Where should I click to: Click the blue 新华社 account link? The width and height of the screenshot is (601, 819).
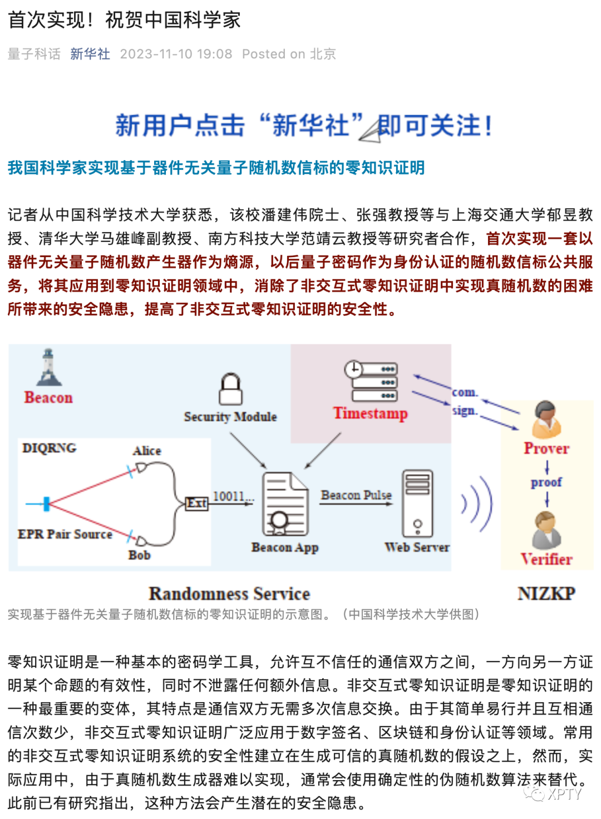click(90, 54)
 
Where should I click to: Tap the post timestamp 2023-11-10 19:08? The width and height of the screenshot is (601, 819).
click(176, 54)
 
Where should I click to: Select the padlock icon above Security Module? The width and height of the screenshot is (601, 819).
click(230, 389)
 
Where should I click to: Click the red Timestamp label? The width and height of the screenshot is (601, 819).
click(370, 413)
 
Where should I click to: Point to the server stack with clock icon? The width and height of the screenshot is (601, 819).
click(371, 381)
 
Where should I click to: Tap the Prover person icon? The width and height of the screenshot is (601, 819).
click(546, 420)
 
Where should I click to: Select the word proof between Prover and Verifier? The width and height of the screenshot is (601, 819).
click(546, 482)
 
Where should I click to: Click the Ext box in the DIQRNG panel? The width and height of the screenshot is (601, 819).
click(196, 504)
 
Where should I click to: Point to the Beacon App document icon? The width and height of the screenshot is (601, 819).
click(285, 504)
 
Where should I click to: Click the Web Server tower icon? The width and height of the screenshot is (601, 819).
click(417, 504)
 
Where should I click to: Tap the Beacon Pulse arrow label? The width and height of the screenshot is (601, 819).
click(356, 495)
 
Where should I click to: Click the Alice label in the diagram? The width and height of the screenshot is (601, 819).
click(147, 451)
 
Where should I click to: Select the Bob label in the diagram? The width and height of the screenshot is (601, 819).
click(139, 555)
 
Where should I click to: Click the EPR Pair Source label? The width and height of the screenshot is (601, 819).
click(65, 534)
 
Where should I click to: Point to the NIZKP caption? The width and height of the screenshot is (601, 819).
click(546, 594)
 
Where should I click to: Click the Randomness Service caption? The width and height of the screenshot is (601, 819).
click(229, 594)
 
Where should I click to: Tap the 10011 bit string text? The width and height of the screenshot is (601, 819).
click(230, 496)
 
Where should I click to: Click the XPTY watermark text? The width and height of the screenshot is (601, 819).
click(564, 794)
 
